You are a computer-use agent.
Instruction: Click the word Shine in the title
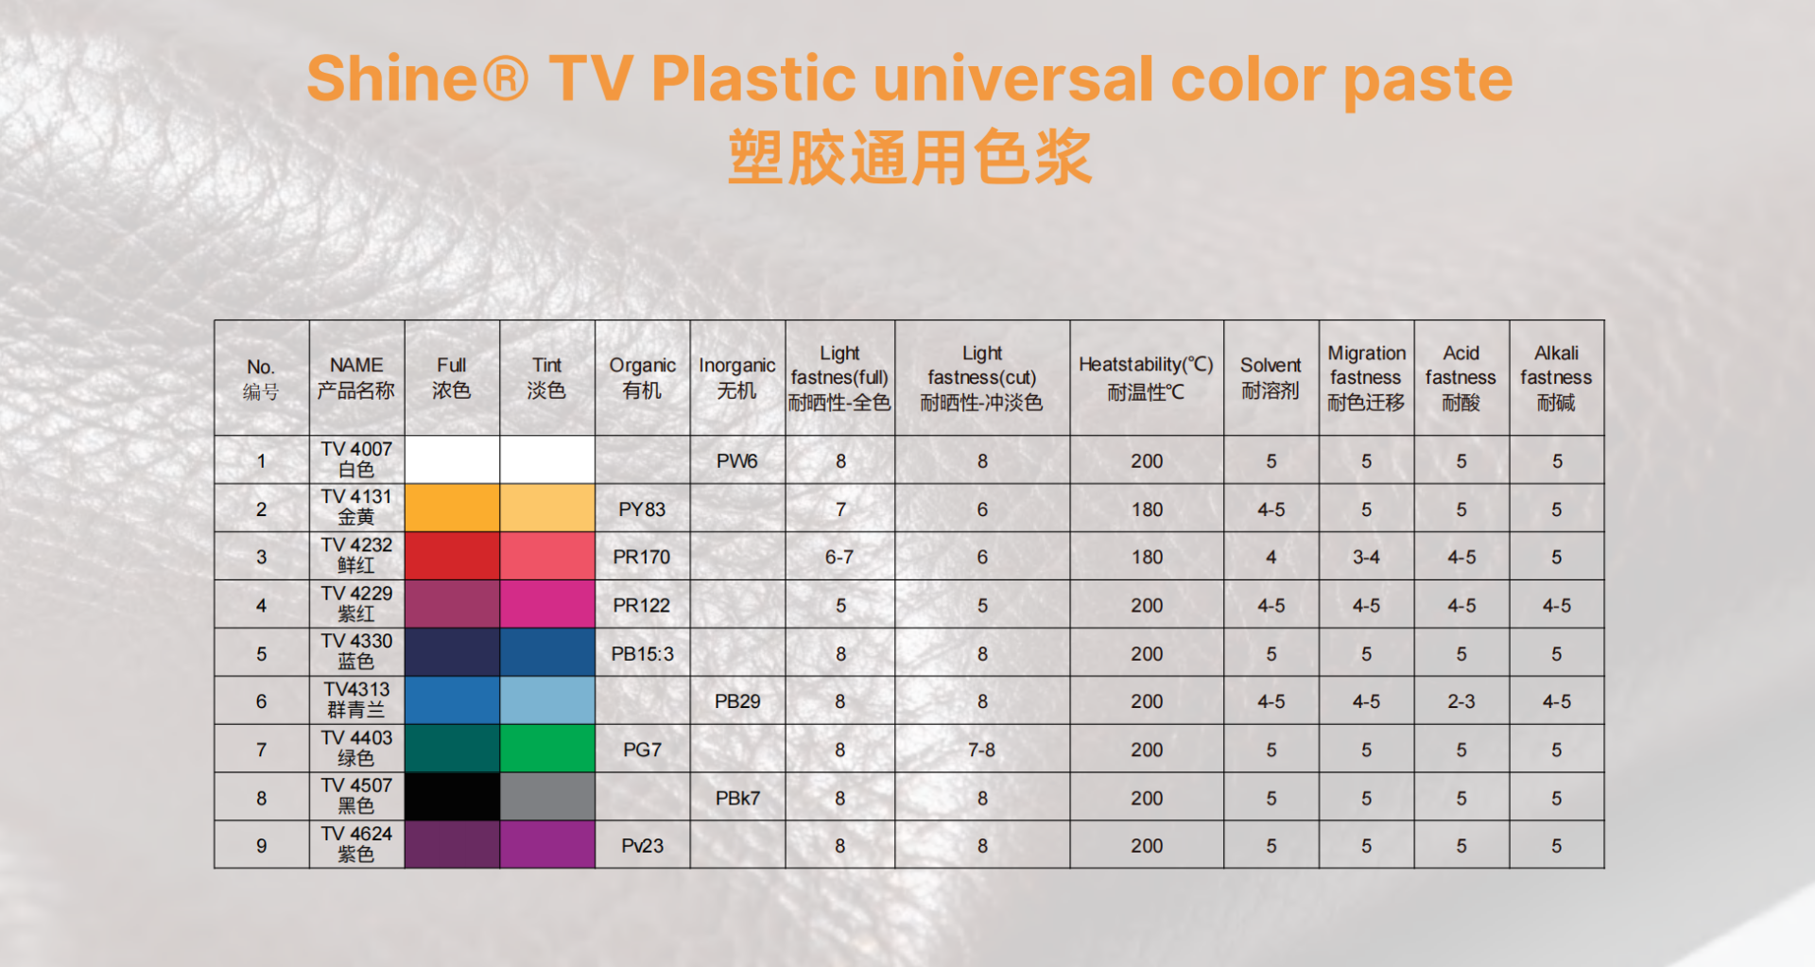393,78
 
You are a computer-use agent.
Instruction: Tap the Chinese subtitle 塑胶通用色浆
909,157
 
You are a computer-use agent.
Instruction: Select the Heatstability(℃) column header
1146,378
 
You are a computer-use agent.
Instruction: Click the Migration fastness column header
1366,378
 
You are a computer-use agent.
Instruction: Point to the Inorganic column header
737,378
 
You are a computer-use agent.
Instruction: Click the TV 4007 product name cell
356,459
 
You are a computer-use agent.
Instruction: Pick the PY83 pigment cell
642,509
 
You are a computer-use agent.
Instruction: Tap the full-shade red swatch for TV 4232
452,556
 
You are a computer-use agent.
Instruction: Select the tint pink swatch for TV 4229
547,604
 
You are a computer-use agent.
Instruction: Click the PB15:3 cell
642,654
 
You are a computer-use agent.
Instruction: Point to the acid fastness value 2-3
1461,701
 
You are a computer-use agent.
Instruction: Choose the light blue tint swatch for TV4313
547,700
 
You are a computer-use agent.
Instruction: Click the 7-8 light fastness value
982,750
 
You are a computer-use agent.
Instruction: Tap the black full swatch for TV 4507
452,797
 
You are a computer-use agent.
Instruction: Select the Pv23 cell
642,846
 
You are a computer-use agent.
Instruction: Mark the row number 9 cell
262,846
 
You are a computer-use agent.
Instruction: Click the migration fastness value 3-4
1366,558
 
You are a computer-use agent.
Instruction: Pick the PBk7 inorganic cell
737,798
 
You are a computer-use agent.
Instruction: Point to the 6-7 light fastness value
839,558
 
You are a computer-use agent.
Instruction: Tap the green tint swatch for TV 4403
547,749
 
